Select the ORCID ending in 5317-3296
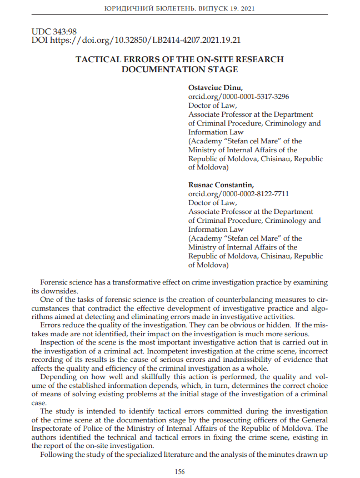(x=238, y=97)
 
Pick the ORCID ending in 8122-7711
(x=238, y=193)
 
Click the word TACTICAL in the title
(x=98, y=59)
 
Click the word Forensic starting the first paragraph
(x=56, y=282)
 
